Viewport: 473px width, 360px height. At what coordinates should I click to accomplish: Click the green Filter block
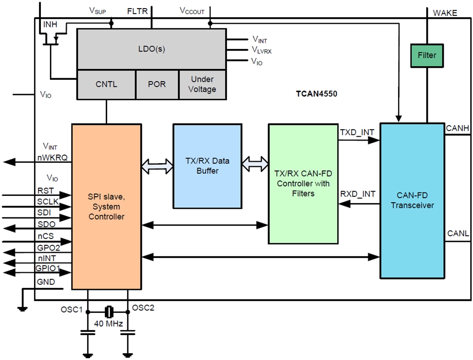click(427, 55)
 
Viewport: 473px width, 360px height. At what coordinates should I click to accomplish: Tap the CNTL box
click(106, 84)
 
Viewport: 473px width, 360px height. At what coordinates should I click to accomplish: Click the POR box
click(157, 84)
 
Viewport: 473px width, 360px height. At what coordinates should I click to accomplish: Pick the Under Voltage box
click(202, 84)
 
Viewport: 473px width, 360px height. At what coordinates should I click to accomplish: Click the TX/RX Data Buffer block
click(207, 166)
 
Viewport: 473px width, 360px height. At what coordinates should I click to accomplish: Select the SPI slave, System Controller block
click(106, 206)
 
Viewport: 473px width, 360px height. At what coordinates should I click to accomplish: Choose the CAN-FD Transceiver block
click(412, 201)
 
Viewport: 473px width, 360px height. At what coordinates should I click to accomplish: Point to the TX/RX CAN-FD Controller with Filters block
click(303, 184)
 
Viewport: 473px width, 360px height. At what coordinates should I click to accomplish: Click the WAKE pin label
click(445, 13)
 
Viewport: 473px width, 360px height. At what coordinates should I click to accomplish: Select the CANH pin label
click(458, 128)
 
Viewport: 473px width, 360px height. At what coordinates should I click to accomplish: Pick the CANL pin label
click(458, 234)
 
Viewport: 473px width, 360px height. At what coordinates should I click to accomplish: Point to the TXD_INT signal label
click(357, 132)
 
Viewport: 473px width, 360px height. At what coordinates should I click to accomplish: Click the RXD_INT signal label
click(357, 194)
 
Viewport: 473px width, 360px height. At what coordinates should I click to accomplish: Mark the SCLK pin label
click(47, 202)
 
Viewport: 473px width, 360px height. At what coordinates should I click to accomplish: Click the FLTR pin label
click(138, 11)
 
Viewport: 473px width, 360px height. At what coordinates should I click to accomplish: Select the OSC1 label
click(71, 308)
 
